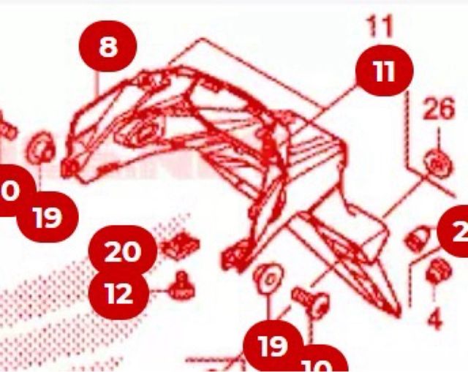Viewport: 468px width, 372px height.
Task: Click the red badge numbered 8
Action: (107, 48)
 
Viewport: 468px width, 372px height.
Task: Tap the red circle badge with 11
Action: (385, 72)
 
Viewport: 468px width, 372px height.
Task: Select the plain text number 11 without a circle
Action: (380, 27)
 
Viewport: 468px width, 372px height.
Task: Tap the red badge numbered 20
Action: (122, 252)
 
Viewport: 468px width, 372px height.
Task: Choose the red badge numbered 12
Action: (118, 294)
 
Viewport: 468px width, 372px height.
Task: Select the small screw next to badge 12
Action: (181, 286)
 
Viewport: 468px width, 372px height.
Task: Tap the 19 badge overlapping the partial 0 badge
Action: (48, 217)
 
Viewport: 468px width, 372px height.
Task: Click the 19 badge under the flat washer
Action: (273, 346)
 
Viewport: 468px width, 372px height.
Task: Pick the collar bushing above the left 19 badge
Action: (39, 148)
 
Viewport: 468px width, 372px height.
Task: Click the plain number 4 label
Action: (434, 319)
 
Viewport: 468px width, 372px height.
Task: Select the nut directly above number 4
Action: (435, 270)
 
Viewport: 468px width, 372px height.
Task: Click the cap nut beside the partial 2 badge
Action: (416, 239)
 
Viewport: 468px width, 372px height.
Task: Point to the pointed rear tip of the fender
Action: (397, 315)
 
